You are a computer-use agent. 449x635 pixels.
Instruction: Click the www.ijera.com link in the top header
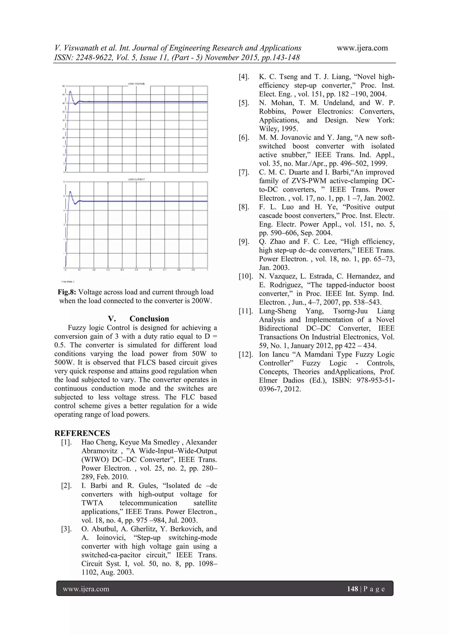[x=362, y=48]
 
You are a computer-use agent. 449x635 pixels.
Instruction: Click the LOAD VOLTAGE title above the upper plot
[x=136, y=84]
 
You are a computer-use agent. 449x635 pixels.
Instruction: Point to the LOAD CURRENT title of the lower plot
[x=136, y=179]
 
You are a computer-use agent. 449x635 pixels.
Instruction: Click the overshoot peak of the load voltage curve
[x=70, y=91]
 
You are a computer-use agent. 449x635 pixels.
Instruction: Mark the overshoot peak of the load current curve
[x=70, y=192]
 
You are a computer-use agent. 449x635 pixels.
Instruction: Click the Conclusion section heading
[x=149, y=319]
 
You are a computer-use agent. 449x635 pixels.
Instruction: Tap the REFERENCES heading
[x=82, y=433]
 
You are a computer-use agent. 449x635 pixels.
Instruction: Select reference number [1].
[x=66, y=442]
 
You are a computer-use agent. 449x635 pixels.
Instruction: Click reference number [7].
[x=244, y=172]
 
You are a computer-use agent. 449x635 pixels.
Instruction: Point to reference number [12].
[x=246, y=354]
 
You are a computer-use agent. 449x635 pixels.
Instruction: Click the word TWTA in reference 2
[x=92, y=503]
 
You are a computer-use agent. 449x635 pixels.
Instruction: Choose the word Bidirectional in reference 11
[x=278, y=329]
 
